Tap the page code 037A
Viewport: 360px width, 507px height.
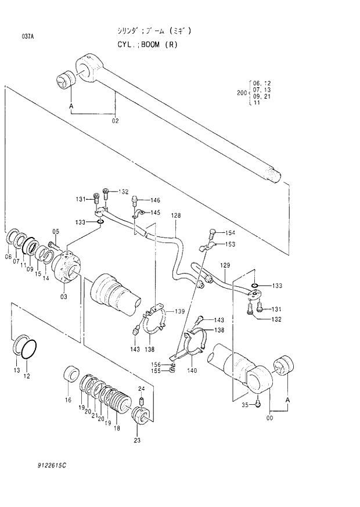click(27, 37)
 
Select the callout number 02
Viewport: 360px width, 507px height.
click(115, 121)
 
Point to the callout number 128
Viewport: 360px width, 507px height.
click(176, 215)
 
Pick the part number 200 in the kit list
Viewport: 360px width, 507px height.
click(241, 93)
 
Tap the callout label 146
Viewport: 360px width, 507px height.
click(155, 200)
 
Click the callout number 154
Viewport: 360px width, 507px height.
click(230, 232)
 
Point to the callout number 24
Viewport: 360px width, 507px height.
click(141, 389)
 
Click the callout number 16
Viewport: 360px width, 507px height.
click(68, 400)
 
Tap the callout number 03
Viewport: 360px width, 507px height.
click(63, 296)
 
